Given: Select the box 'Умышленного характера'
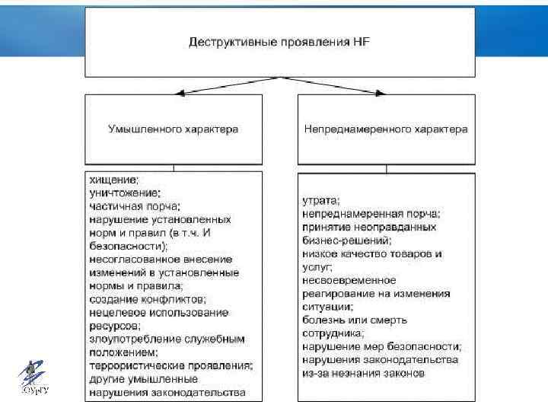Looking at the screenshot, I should point(174,129).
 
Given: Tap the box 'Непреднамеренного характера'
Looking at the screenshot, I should point(386,129).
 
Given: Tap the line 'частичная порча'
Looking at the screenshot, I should point(135,206).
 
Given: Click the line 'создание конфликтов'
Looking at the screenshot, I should point(148,300).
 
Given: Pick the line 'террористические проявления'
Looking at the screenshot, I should point(171,366).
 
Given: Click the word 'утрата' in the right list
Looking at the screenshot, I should point(320,201).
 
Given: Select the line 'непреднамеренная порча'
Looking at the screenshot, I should point(371,214).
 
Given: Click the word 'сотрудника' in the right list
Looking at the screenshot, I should point(333,333).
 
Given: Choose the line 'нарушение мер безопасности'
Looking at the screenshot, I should point(381,346).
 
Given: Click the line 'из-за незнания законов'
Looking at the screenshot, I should point(363,373).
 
